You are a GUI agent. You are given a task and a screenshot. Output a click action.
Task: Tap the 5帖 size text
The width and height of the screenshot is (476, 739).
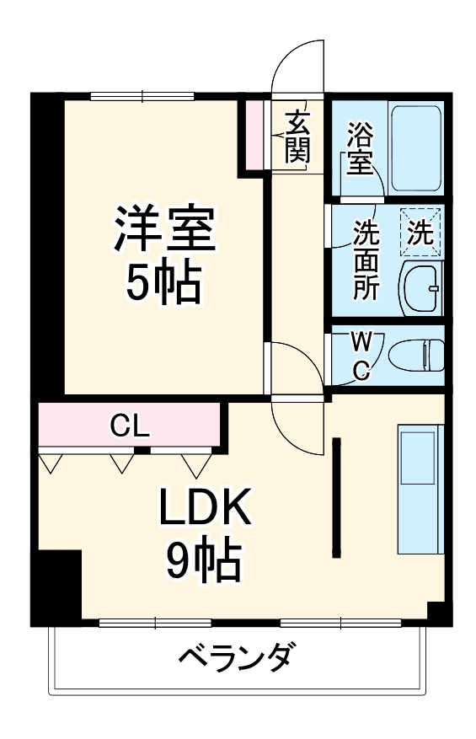click(x=165, y=285)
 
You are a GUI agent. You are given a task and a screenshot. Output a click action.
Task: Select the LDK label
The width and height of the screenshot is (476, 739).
click(x=205, y=508)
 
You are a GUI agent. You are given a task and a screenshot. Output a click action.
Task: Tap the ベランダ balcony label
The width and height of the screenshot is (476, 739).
click(x=238, y=654)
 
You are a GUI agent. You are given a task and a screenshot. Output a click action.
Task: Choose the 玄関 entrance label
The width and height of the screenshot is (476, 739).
click(x=297, y=137)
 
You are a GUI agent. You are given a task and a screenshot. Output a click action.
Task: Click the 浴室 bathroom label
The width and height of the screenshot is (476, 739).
click(x=360, y=148)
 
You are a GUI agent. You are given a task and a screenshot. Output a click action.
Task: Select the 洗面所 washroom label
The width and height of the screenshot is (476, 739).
click(x=364, y=259)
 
